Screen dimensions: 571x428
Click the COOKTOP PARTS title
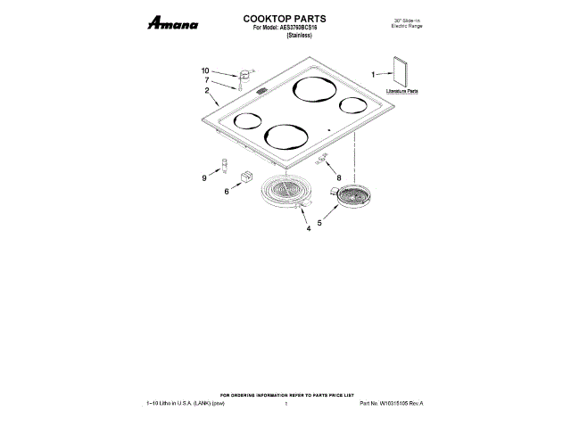tap(285, 18)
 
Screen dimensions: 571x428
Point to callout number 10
tap(205, 70)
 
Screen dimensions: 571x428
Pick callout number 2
tap(206, 91)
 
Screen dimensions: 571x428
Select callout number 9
tap(204, 178)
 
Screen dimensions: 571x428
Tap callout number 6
tap(227, 191)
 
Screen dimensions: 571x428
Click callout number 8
tap(338, 177)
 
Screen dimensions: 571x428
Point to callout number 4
tap(309, 229)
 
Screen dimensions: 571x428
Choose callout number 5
tap(319, 223)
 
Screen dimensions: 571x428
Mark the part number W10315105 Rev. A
tap(392, 404)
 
